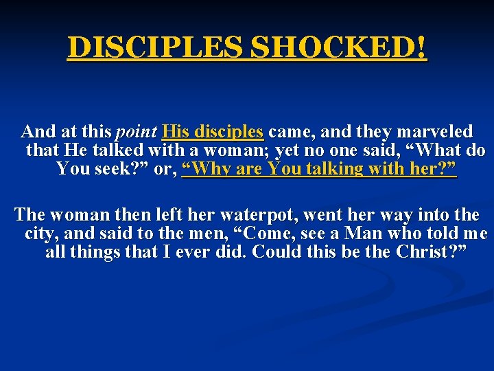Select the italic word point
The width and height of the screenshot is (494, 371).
[x=137, y=131]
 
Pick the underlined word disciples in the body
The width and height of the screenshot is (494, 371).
[x=229, y=131]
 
